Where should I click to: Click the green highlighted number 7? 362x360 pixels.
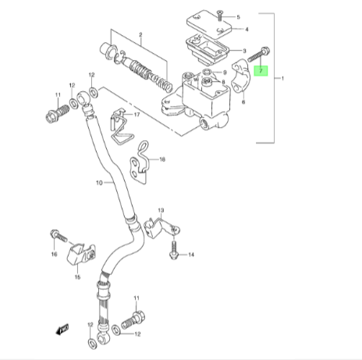click(261, 71)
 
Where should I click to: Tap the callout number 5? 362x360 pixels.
click(238, 17)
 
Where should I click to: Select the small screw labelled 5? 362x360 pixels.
click(220, 15)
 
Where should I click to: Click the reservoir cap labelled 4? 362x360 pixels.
click(209, 23)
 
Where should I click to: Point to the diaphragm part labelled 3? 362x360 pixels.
click(207, 50)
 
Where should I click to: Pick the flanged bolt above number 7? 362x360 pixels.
click(259, 54)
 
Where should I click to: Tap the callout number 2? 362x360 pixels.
click(140, 35)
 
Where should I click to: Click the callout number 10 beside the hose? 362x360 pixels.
click(99, 183)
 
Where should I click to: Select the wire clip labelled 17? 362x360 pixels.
click(122, 126)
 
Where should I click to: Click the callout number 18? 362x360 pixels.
click(162, 159)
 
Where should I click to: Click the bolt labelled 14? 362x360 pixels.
click(173, 250)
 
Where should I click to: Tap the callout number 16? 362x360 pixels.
click(54, 254)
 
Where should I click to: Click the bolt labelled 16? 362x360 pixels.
click(59, 235)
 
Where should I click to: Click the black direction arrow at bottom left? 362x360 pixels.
click(62, 329)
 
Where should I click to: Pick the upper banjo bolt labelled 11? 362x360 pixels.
click(57, 113)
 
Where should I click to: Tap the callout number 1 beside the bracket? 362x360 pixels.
click(282, 79)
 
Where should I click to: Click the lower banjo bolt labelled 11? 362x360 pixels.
click(133, 319)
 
